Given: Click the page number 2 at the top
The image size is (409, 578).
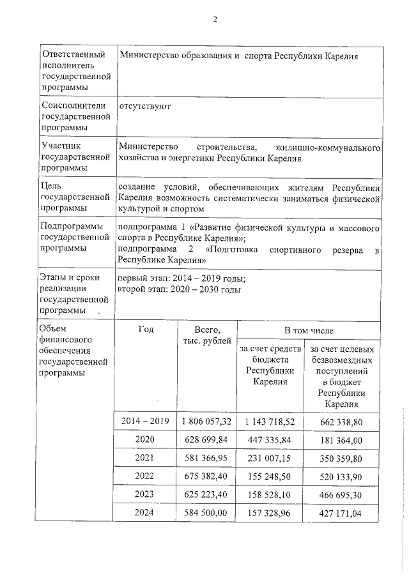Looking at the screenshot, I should coord(215,19).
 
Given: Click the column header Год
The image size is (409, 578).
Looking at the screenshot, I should coord(145,330).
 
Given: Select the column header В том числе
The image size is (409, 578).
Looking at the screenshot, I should coord(309,330).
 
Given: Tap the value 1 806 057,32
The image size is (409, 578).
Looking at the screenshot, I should coord(206,422).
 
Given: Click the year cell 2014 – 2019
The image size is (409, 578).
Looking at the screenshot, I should coord(145,422).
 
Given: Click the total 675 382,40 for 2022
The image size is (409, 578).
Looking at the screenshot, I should coord(206,476).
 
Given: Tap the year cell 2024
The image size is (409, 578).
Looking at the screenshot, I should coord(145,512).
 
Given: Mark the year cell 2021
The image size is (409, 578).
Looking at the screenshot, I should coord(145,458).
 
